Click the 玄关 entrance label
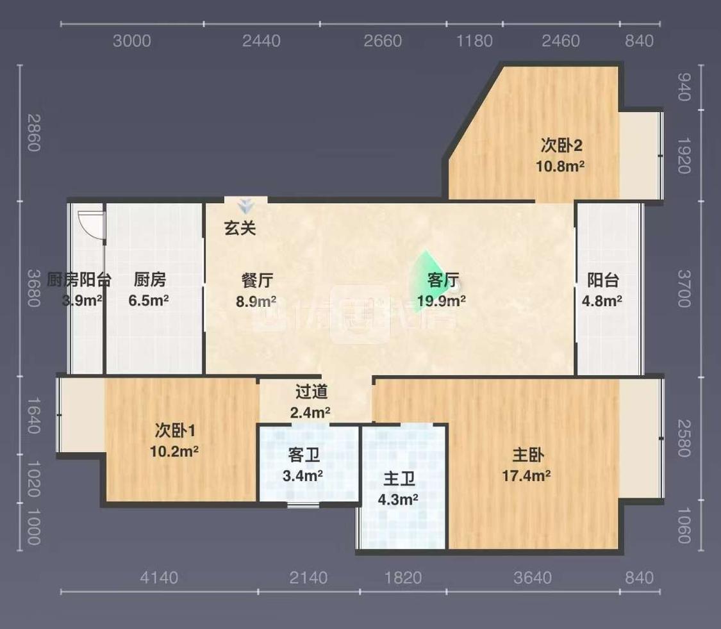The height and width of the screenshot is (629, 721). click(x=240, y=227)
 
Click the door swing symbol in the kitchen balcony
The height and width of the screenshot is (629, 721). click(x=90, y=224)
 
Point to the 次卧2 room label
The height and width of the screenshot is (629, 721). click(x=561, y=145)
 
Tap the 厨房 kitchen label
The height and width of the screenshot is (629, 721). click(x=149, y=279)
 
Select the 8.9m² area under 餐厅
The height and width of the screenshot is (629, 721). click(x=256, y=300)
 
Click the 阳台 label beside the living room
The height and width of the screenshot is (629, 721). click(x=602, y=280)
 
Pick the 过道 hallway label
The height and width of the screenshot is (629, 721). click(x=311, y=391)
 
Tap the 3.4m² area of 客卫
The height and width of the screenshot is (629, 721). click(x=302, y=476)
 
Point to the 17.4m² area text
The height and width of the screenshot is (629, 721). click(x=527, y=476)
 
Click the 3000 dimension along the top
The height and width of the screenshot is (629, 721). click(x=131, y=41)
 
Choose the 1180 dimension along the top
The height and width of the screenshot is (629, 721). click(x=474, y=41)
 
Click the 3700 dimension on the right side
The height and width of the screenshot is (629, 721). click(x=683, y=288)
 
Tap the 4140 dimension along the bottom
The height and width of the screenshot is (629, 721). click(x=158, y=578)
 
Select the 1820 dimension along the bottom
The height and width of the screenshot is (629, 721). click(x=403, y=578)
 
